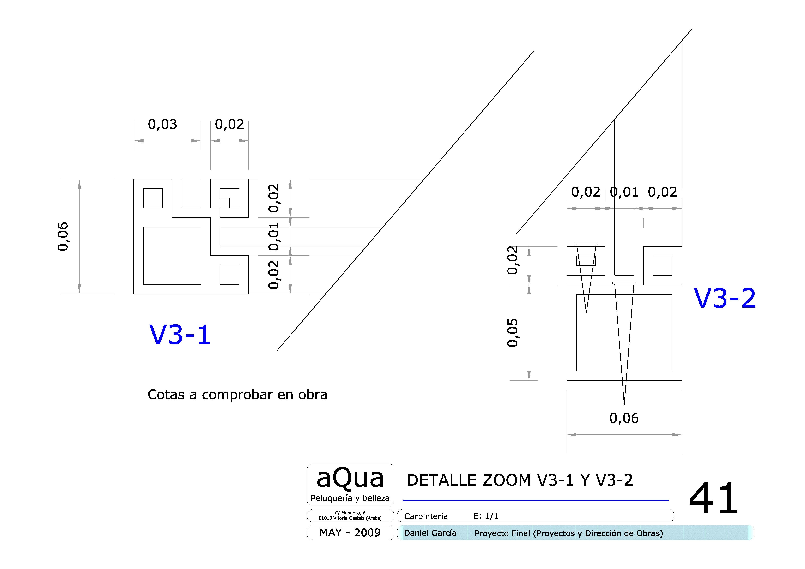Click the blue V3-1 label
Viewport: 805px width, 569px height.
coord(180,335)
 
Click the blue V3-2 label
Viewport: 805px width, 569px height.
coord(725,299)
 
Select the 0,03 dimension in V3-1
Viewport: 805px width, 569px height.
coord(162,125)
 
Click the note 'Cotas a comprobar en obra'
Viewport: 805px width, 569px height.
coord(237,395)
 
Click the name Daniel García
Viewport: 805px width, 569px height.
coord(430,533)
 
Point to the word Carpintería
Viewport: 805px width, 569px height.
coord(426,516)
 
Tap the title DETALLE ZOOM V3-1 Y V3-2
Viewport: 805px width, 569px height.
coord(520,480)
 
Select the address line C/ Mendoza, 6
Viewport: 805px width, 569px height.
coord(350,513)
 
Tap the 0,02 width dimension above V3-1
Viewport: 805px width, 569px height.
coord(229,125)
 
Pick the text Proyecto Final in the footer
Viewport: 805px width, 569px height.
coord(502,533)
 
